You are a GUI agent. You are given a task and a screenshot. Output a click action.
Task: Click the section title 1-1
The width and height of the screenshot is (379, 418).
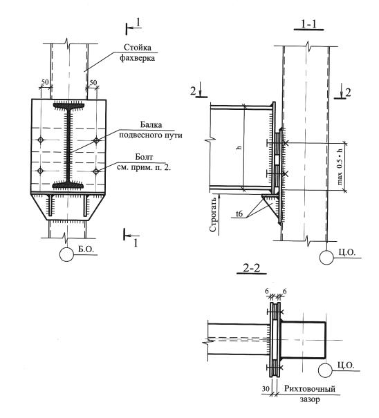pyautogui.click(x=309, y=24)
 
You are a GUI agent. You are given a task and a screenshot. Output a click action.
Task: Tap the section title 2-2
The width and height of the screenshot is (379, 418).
pyautogui.click(x=252, y=267)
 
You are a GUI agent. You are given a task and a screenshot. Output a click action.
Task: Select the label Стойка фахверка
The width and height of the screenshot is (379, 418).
pyautogui.click(x=137, y=53)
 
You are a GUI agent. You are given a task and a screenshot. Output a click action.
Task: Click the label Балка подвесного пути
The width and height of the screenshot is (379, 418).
pyautogui.click(x=151, y=130)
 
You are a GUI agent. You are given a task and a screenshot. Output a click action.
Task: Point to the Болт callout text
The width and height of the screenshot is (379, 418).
pyautogui.click(x=144, y=162)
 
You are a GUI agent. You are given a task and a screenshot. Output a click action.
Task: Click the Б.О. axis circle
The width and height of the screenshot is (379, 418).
pyautogui.click(x=66, y=254)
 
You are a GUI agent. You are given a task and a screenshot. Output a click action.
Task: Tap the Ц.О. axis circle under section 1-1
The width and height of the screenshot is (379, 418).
pyautogui.click(x=326, y=257)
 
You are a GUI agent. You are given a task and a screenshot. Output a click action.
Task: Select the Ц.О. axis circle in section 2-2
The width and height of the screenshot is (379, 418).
pyautogui.click(x=325, y=370)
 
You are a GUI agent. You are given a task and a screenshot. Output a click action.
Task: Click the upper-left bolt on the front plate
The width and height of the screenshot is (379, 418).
pyautogui.click(x=41, y=140)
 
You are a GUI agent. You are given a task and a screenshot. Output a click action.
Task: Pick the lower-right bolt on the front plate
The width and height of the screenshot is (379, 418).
pyautogui.click(x=96, y=171)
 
